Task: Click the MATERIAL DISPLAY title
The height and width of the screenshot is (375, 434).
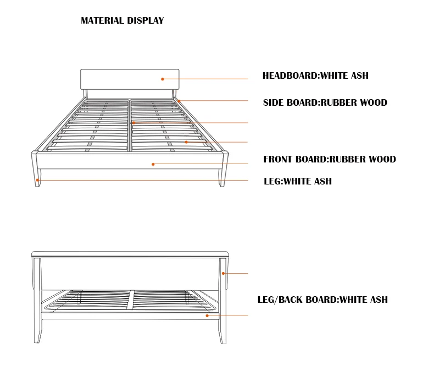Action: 122,21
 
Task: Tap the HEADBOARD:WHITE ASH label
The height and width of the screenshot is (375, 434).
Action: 315,76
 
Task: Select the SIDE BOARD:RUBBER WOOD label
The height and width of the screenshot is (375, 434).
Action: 325,103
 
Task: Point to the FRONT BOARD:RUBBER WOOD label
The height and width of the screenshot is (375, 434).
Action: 329,160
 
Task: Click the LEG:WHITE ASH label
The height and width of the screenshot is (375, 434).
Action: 297,181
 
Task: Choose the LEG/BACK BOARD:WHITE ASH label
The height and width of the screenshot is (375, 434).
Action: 322,300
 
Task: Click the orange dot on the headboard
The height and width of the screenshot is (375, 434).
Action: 163,79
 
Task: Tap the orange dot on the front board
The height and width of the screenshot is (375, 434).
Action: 153,164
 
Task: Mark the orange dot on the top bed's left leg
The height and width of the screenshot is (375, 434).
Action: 37,180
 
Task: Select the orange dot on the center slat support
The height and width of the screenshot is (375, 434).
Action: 133,123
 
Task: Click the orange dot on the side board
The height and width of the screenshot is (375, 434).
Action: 179,101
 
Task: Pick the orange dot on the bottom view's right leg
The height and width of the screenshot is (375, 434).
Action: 223,274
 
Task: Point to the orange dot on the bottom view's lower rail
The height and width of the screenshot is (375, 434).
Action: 207,316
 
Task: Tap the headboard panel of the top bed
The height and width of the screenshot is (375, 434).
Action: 130,79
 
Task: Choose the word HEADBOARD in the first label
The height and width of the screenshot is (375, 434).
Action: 290,76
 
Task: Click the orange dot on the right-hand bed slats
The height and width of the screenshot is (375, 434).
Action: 186,142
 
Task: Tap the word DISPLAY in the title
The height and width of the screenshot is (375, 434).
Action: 146,21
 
